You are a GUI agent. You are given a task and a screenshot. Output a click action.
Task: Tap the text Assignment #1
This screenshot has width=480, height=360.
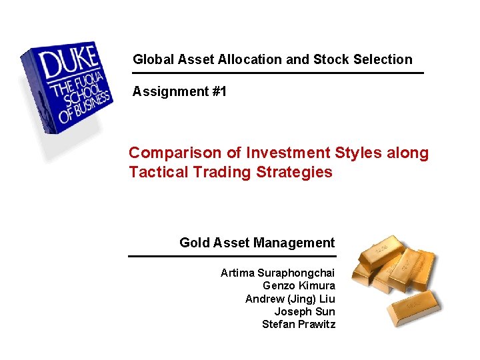coord(179,91)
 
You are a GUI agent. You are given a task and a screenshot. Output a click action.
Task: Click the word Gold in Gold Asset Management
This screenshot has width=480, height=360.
coord(195,243)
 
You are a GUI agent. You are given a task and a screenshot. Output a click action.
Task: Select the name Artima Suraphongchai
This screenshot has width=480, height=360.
coord(277,273)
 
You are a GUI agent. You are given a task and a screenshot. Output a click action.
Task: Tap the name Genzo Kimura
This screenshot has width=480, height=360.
coord(299,286)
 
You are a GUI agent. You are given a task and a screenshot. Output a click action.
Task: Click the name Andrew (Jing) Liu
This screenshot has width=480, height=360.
coord(290,299)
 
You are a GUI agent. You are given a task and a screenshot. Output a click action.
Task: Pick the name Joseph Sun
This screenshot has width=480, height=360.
coord(305,311)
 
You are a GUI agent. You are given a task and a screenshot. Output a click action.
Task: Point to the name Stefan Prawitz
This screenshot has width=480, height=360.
coord(298,325)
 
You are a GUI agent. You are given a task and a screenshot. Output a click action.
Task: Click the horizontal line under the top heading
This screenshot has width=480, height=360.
coord(278,73)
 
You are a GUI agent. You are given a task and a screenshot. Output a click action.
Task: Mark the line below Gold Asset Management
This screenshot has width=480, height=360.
coord(232,256)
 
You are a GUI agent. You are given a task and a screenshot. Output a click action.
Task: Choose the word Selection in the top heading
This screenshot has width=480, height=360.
coord(388,59)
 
